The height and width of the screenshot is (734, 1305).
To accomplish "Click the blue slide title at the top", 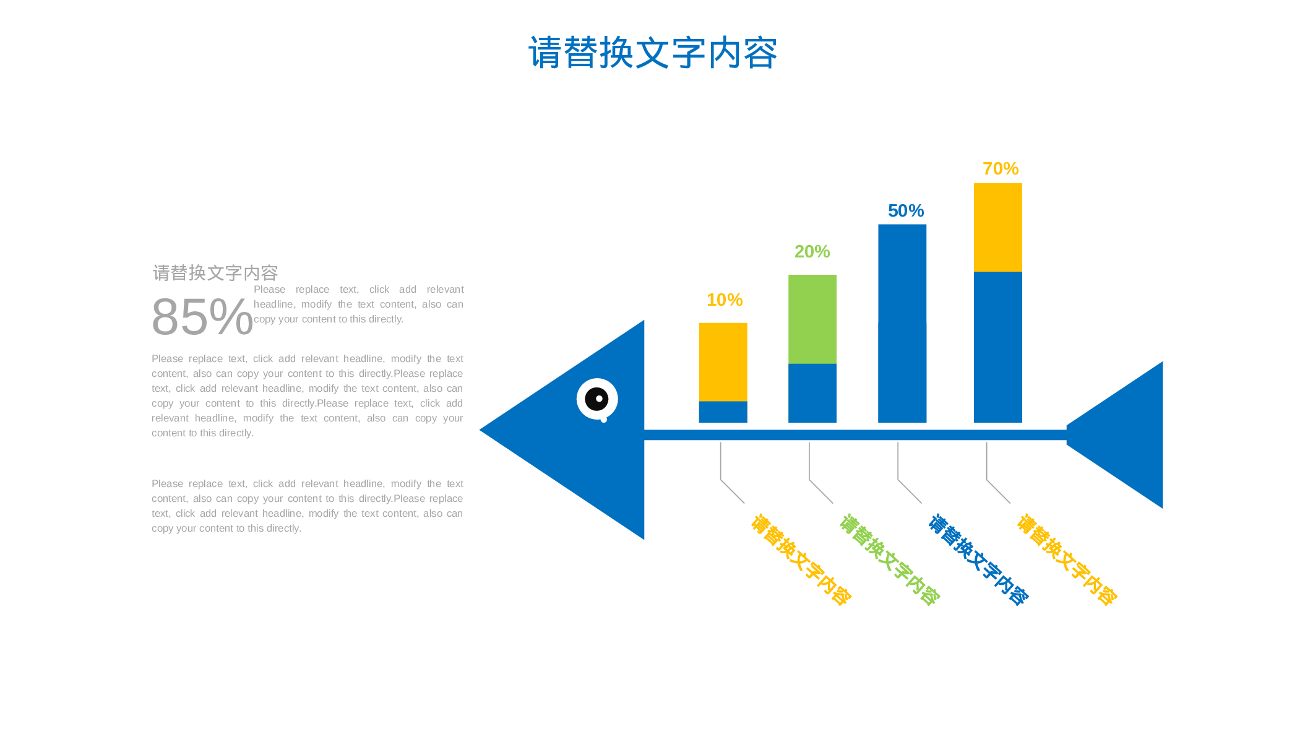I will tap(652, 53).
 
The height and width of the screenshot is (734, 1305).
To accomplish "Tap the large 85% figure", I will tap(202, 317).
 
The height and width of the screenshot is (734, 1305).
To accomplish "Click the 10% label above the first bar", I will tap(724, 300).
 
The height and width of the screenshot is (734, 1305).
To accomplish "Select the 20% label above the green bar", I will tap(812, 252).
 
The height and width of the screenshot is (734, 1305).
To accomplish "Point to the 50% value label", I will tap(905, 211).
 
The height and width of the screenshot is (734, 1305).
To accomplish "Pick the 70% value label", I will tap(1000, 169).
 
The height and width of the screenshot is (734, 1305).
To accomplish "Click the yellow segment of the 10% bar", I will tap(723, 361).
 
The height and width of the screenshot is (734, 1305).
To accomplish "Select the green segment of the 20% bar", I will tap(812, 319).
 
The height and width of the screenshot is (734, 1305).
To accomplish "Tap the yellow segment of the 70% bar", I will tap(997, 227).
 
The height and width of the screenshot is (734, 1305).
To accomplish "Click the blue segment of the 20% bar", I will tap(812, 393).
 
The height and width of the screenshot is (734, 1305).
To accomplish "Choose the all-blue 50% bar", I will tap(902, 323).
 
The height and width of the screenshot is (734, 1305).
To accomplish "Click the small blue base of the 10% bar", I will tap(723, 412).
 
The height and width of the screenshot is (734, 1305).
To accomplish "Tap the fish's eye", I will tap(597, 399).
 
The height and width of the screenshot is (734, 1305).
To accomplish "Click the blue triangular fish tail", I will tap(1126, 434).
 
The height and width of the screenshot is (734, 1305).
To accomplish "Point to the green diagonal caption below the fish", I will tap(890, 559).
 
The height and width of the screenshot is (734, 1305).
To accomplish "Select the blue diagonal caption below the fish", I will tap(978, 559).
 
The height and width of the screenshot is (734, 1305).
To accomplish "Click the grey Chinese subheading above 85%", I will tap(215, 273).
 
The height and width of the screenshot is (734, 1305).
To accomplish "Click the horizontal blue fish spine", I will tap(854, 435).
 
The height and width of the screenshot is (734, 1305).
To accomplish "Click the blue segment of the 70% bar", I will tap(997, 347).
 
